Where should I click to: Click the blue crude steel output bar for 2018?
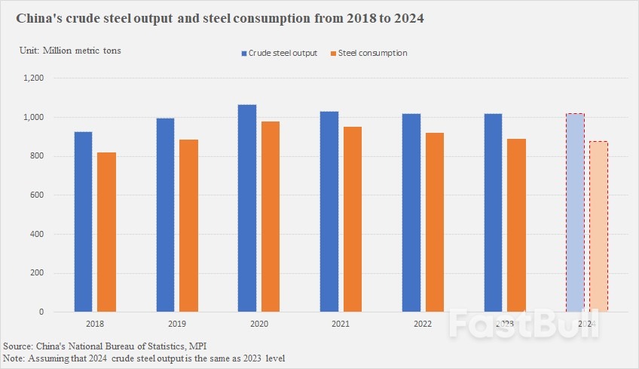click(x=83, y=222)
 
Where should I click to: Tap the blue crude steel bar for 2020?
click(x=246, y=208)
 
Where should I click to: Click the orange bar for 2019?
click(x=188, y=226)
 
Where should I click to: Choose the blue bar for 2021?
click(x=329, y=211)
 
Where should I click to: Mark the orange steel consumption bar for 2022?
click(x=434, y=222)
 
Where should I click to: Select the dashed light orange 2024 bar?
click(x=598, y=226)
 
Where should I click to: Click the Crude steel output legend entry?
click(x=279, y=53)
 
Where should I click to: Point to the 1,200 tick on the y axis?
click(x=34, y=78)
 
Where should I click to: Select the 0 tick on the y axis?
click(x=42, y=312)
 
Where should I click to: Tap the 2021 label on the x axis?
click(x=340, y=323)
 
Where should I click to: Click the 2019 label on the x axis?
click(x=176, y=323)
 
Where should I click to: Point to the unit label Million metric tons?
click(x=69, y=51)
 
